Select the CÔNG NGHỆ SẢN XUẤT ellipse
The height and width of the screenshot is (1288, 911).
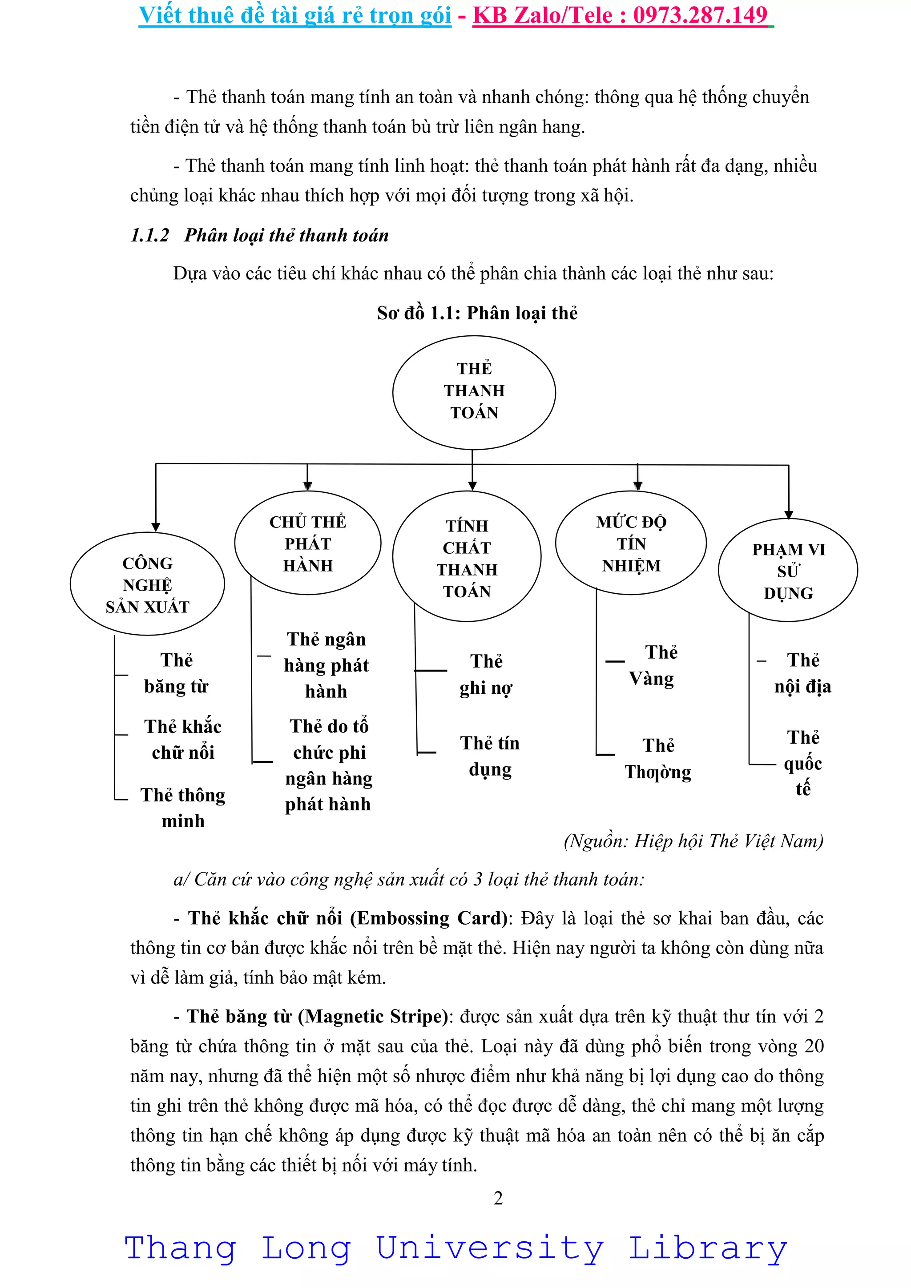(148, 584)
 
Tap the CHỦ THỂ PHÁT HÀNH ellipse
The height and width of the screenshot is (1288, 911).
(307, 543)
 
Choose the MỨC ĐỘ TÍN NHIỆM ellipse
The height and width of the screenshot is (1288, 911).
(631, 543)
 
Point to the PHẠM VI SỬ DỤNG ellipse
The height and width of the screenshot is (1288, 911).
(788, 571)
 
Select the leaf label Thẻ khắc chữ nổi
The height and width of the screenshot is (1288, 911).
(183, 739)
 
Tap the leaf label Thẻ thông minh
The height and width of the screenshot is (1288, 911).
(183, 808)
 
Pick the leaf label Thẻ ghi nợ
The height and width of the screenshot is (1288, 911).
(486, 674)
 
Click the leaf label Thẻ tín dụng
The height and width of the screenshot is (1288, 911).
(490, 756)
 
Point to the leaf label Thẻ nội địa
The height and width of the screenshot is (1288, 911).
(803, 673)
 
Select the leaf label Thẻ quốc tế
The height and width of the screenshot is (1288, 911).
(803, 763)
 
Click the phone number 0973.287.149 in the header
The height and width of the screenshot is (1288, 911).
(700, 15)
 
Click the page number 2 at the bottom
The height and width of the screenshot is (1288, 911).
(498, 1198)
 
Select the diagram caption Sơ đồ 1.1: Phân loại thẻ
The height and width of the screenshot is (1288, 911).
(477, 313)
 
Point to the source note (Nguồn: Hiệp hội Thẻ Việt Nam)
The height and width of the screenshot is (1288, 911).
(693, 841)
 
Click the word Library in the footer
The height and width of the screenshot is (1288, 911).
(707, 1249)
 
